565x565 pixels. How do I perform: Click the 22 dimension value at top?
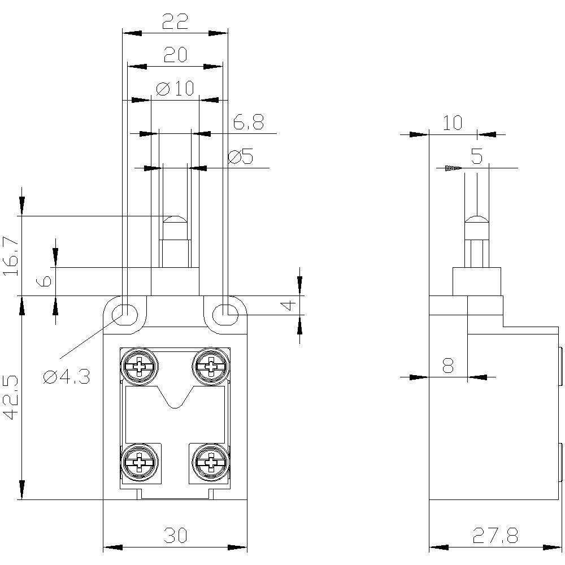(175, 21)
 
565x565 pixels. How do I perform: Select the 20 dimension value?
(175, 55)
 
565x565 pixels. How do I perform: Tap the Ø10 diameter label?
(175, 88)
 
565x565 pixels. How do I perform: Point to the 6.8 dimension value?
(248, 123)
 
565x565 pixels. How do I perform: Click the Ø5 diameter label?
(241, 157)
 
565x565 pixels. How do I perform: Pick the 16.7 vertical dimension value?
(11, 256)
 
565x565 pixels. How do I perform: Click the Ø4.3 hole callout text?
(67, 376)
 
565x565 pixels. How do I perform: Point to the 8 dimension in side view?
(448, 366)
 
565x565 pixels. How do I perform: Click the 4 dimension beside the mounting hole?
(288, 305)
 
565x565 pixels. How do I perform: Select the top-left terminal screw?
(138, 368)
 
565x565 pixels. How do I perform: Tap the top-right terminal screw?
(211, 368)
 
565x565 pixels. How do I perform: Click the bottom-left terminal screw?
(138, 463)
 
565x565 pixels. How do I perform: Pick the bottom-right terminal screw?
(211, 463)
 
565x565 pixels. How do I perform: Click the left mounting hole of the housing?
(125, 312)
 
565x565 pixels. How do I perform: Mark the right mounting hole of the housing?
(226, 312)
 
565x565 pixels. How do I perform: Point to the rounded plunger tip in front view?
(175, 220)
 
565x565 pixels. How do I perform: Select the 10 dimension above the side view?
(452, 123)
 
